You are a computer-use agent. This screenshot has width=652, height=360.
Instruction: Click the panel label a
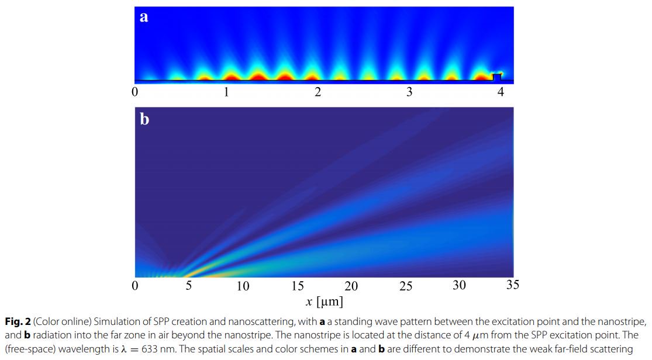pos(144,18)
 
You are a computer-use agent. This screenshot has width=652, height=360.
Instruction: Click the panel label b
pos(144,120)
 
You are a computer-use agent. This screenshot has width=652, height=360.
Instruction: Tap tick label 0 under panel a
pos(135,92)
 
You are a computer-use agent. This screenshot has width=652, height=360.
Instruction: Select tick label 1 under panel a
pos(226,92)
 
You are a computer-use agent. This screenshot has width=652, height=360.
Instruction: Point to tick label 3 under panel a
pos(409,92)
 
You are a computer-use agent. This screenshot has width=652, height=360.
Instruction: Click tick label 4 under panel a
pos(501,92)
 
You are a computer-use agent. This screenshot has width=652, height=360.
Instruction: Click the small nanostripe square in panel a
pos(496,77)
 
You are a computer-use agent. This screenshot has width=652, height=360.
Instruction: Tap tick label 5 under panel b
pos(189,286)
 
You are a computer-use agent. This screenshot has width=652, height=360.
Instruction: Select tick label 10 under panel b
pos(243,286)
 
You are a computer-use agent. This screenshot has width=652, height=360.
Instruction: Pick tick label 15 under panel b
pos(297,286)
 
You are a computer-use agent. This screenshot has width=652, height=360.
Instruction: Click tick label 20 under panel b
pos(351,286)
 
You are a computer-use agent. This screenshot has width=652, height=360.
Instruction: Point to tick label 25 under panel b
pos(405,286)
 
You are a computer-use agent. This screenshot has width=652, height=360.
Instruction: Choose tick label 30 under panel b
pos(459,285)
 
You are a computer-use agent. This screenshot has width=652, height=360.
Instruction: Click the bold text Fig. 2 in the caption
pos(16,321)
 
